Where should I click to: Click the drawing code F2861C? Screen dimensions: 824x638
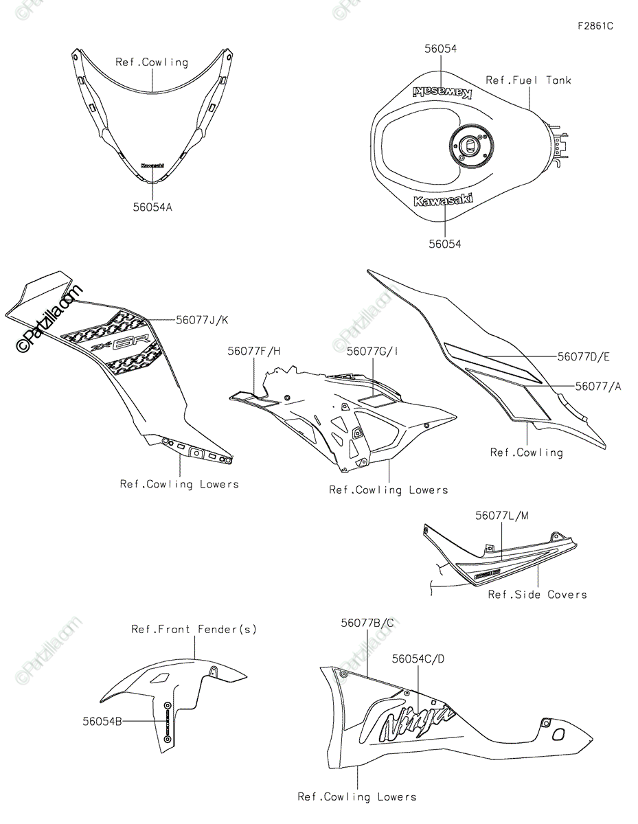(595, 27)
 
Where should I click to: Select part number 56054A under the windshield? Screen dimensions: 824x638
(152, 206)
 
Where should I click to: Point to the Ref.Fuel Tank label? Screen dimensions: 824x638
(528, 80)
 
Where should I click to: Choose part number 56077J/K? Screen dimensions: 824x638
(203, 319)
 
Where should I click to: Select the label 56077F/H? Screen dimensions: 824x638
(254, 351)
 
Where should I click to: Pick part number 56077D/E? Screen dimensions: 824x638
(583, 356)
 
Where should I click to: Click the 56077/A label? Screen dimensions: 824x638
(597, 387)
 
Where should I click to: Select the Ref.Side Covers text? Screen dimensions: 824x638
(537, 595)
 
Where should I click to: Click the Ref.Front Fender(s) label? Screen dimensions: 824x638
(194, 629)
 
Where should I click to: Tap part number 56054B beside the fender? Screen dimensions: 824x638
(102, 721)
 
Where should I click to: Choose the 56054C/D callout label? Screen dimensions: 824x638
(418, 659)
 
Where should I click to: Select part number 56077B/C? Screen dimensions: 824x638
(367, 623)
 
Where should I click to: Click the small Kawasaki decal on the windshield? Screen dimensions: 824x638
(152, 165)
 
